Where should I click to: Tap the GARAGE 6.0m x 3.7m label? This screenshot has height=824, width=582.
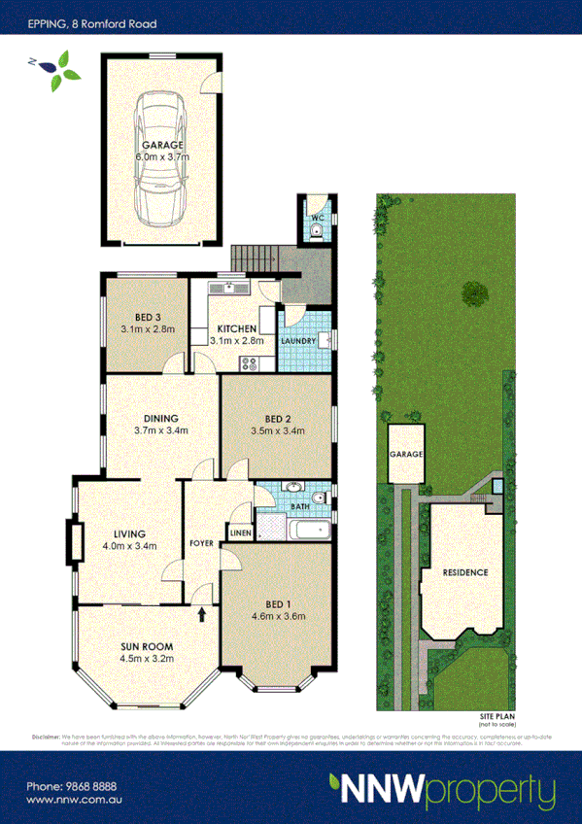161,150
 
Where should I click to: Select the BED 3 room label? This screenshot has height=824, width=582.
148,323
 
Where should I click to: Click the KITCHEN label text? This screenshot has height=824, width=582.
236,328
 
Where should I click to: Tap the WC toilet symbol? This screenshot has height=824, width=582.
319,229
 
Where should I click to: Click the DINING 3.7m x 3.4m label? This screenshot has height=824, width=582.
160,424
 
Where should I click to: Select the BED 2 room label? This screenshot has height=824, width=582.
278,424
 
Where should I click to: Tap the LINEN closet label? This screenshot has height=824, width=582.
239,532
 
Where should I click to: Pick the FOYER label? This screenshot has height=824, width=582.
201,543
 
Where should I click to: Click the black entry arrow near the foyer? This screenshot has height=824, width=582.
202,614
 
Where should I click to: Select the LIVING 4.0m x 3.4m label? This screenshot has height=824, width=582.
129,539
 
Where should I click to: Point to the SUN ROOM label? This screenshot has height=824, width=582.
147,651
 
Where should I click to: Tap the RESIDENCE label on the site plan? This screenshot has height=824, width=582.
464,572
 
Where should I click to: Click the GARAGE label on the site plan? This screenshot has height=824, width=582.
407,455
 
